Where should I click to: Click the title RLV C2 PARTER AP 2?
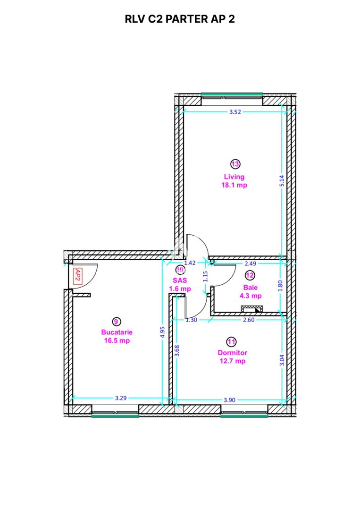[x=180, y=19]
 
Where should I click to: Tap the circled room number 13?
[x=235, y=164]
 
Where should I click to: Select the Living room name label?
[x=234, y=177]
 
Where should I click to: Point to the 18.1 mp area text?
[x=234, y=185]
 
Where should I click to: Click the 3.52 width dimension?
[x=235, y=112]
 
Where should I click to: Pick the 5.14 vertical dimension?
[x=281, y=179]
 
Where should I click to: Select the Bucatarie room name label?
[x=116, y=332]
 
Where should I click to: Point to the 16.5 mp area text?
[x=116, y=340]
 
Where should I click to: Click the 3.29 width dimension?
[x=121, y=398]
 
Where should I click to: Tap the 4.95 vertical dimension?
[x=162, y=331]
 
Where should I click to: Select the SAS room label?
[x=179, y=280]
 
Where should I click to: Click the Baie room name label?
[x=250, y=287]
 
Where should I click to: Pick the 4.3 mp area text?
[x=250, y=296]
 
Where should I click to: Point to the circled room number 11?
[x=232, y=341]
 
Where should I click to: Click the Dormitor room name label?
[x=232, y=353]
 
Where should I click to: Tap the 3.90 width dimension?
[x=229, y=400]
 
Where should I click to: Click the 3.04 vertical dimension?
[x=282, y=360]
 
